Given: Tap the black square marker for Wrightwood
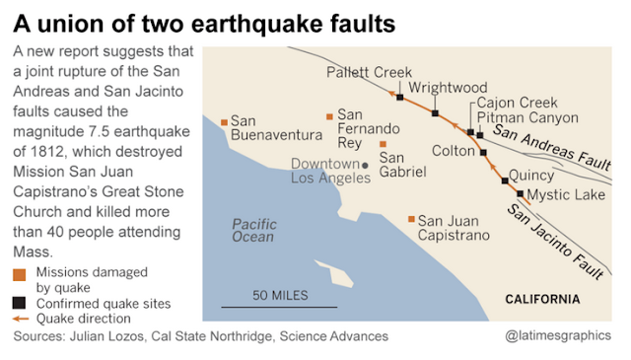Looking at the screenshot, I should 434,113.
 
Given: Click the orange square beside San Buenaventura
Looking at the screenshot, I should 225,121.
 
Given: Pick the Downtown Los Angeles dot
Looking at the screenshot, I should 365,165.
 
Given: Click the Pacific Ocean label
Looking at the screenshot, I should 253,230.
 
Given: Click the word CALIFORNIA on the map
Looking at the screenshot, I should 542,299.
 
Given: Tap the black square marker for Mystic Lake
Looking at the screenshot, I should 520,194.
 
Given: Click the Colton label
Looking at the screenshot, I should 455,151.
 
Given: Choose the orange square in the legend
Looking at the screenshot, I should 20,272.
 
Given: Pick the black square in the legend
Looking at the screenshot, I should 20,304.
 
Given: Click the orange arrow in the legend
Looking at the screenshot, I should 20,319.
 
